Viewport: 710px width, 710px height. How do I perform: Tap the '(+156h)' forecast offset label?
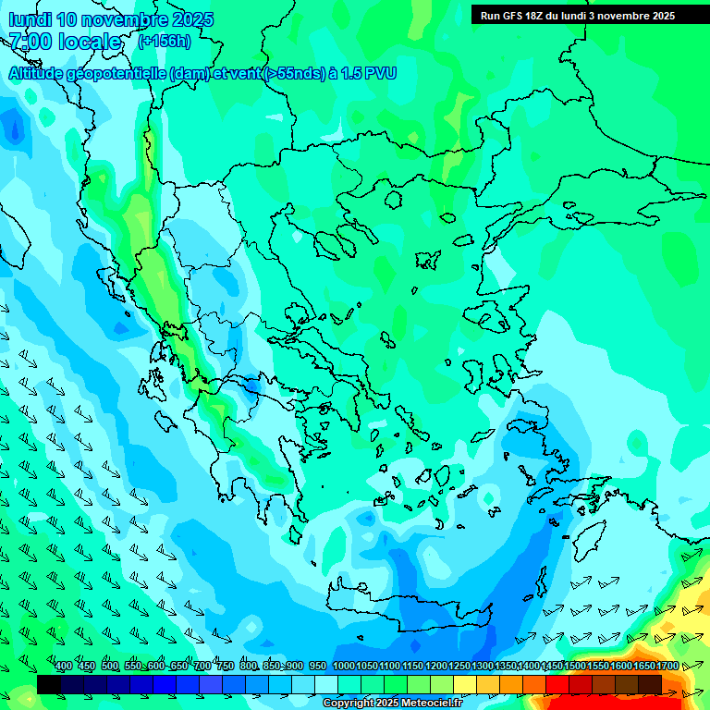point(165,41)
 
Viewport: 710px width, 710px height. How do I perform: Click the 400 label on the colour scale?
point(64,667)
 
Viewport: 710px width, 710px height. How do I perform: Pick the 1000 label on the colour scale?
point(344,667)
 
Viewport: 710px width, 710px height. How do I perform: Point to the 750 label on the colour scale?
point(225,667)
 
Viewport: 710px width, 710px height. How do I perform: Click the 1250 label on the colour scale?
point(459,667)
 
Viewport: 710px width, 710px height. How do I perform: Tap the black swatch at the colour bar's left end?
point(49,684)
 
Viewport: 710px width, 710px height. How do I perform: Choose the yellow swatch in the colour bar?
point(465,684)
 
